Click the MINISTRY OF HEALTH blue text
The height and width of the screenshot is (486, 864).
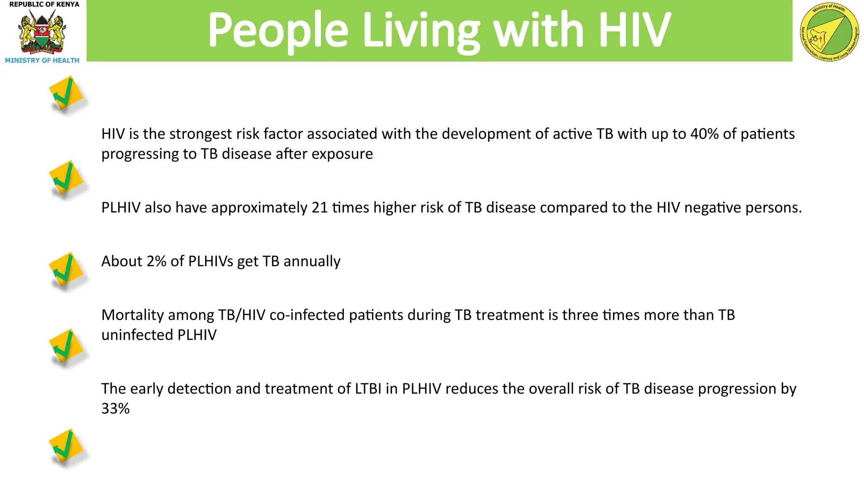click(42, 60)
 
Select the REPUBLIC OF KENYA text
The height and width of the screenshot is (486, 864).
click(44, 5)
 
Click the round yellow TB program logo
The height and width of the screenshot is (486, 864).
click(829, 32)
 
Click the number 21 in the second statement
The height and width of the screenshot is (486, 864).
click(320, 208)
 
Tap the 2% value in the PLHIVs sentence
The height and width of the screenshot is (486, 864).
click(157, 261)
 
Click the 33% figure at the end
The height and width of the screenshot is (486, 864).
click(115, 408)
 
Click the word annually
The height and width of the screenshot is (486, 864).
click(312, 262)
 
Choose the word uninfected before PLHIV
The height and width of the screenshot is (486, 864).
click(137, 335)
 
